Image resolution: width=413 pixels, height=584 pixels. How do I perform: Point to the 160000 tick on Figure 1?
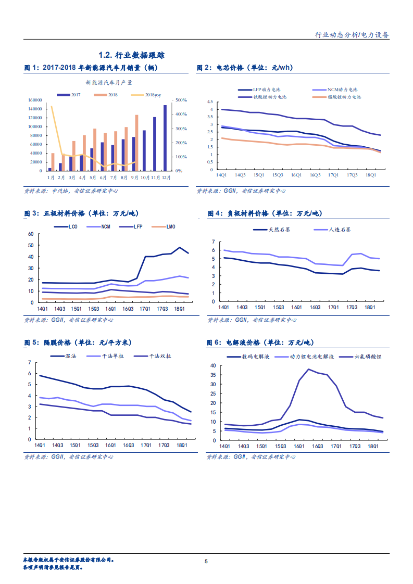(35, 100)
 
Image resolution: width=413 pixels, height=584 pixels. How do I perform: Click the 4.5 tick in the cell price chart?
(210, 101)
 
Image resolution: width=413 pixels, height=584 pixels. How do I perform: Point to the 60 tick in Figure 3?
(30, 234)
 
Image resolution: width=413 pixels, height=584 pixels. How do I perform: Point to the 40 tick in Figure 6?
(212, 366)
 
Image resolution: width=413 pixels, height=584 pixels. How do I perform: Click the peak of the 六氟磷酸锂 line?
(309, 370)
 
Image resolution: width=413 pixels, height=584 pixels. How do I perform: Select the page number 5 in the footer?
(206, 562)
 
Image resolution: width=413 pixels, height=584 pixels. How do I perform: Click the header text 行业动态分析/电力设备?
(353, 35)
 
